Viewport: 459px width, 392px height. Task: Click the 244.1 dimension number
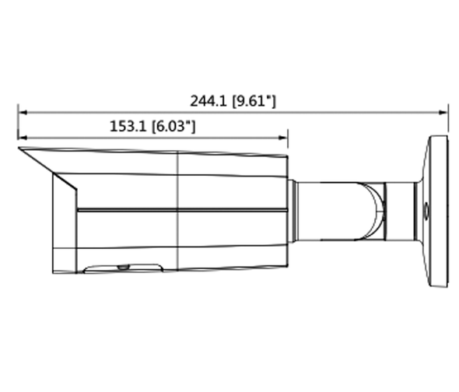pos(208,101)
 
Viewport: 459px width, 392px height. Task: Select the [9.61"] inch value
pos(253,101)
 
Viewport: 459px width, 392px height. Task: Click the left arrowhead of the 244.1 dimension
pos(22,112)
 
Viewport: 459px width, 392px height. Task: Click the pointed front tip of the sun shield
pos(19,150)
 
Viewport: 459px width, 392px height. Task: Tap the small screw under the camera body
pos(122,267)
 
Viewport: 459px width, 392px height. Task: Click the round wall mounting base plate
pos(436,211)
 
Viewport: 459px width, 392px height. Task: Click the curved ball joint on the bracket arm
pos(376,208)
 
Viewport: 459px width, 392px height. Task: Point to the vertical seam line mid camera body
pos(179,233)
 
